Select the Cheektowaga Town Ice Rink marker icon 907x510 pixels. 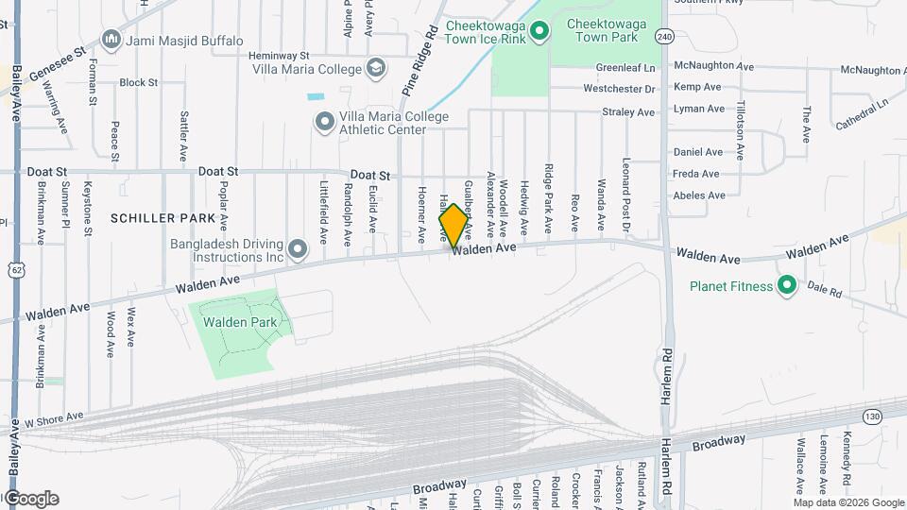click(x=539, y=32)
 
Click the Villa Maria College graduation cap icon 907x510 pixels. click(x=376, y=68)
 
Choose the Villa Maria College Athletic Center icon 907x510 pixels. click(x=325, y=121)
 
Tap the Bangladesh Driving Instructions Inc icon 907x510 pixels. click(x=298, y=249)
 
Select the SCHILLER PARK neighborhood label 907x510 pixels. click(x=164, y=218)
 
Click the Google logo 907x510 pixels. click(x=30, y=499)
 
